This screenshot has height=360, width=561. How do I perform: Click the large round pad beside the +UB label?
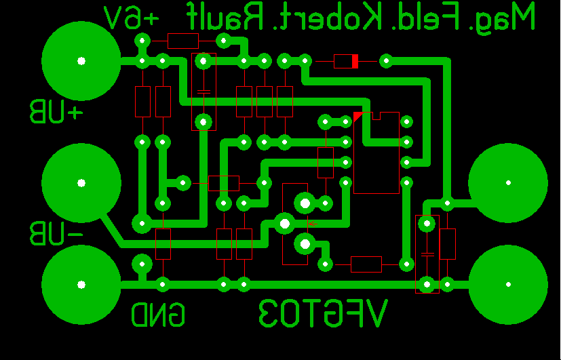point(81,61)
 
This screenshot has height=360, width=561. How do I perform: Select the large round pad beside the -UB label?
point(81,182)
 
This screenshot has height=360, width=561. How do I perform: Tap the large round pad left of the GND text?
point(81,284)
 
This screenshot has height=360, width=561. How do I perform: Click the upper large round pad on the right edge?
point(508,182)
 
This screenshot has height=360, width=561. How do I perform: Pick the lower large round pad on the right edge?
point(508,284)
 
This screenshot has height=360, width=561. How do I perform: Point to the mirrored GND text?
point(158,315)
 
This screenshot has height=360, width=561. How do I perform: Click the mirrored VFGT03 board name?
point(323,315)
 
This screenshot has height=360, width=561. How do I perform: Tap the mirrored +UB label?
point(56,112)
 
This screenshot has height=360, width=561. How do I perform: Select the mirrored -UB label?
point(56,233)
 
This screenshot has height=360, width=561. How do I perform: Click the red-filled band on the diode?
point(354,62)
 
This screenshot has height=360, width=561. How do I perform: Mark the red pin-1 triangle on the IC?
point(357,117)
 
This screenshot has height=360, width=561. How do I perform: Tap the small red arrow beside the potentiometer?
point(313,223)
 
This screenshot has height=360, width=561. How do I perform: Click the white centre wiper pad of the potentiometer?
point(284,222)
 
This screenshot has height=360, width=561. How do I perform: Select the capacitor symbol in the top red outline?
point(204,91)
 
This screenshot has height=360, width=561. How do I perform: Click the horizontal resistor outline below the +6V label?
point(182,41)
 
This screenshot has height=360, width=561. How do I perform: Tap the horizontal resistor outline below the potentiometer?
point(366,264)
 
